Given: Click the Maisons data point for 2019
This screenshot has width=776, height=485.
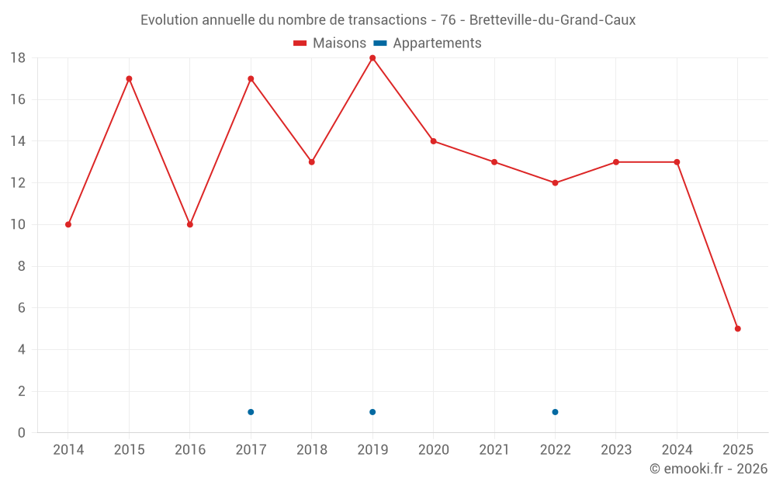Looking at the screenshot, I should [x=372, y=58].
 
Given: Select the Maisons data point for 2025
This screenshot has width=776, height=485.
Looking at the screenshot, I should [x=737, y=328].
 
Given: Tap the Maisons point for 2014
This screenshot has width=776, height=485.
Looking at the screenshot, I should [x=68, y=224].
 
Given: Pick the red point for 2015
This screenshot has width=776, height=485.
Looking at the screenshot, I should [x=129, y=78].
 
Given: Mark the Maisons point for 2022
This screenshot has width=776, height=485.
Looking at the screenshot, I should [x=555, y=183].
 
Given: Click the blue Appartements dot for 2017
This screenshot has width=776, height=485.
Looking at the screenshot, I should [x=251, y=412].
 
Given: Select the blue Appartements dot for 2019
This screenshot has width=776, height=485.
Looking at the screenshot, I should [x=372, y=412].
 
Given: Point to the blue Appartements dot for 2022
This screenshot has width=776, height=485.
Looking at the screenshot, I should [x=555, y=412].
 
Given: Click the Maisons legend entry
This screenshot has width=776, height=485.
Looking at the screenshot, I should [x=330, y=43].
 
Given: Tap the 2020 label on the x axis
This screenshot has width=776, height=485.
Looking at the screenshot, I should [x=433, y=450].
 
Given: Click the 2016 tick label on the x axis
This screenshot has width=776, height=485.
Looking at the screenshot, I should [x=190, y=450].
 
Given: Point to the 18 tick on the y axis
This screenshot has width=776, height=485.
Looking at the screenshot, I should [x=17, y=58].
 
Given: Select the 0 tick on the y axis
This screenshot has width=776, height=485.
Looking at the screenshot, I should [x=21, y=433].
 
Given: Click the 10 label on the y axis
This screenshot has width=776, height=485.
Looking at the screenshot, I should [x=17, y=224].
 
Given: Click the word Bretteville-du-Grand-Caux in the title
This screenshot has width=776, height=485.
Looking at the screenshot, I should [x=552, y=20].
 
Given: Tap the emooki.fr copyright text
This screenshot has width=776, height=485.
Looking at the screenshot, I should [x=708, y=469].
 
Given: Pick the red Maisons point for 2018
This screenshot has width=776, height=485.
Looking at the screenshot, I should [x=311, y=162].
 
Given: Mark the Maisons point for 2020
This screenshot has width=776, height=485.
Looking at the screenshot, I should [x=433, y=141].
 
